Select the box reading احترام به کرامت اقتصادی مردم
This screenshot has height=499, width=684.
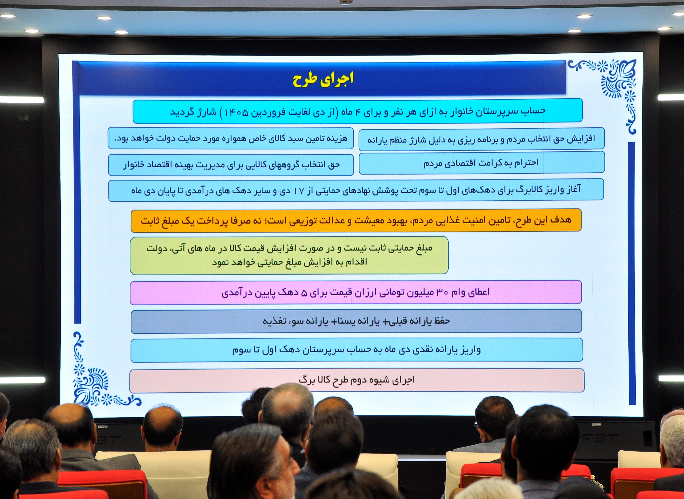(x=482, y=163)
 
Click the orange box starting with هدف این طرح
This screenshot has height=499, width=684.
(x=356, y=220)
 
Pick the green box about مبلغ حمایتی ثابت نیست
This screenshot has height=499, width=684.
(x=289, y=255)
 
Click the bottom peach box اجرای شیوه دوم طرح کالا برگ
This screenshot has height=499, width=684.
(x=357, y=380)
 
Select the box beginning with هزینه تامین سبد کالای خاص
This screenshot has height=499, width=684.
(x=231, y=138)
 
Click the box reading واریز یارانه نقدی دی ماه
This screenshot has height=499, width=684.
(x=356, y=350)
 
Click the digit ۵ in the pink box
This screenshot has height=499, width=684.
(x=305, y=293)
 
